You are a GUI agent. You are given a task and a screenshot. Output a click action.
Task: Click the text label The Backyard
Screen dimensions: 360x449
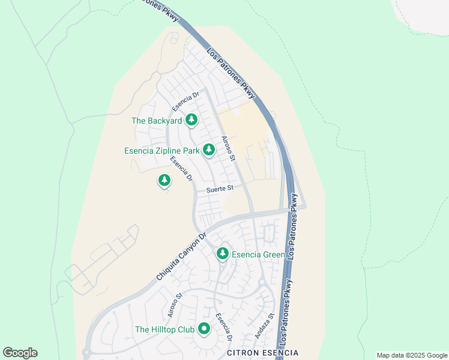click(157, 121)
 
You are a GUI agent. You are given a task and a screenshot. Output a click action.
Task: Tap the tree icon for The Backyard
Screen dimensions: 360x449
click(191, 120)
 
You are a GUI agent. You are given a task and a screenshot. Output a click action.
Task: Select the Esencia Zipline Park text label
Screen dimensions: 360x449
click(161, 151)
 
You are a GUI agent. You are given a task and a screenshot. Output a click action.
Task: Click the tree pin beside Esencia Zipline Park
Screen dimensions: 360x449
click(209, 149)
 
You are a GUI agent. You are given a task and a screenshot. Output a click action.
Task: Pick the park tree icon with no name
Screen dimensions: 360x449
click(164, 180)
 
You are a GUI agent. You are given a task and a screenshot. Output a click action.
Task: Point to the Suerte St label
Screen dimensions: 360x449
click(220, 188)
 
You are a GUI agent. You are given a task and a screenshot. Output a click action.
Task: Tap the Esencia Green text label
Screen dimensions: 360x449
click(259, 254)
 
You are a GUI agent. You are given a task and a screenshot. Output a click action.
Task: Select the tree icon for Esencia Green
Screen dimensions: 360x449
click(223, 254)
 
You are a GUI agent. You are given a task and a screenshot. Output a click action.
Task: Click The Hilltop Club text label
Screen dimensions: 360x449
click(164, 329)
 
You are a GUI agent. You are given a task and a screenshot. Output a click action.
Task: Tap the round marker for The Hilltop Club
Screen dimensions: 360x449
click(203, 329)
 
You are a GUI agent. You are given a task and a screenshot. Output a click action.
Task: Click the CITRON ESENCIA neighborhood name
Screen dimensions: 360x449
click(262, 353)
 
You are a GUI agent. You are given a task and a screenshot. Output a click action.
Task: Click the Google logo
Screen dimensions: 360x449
click(20, 353)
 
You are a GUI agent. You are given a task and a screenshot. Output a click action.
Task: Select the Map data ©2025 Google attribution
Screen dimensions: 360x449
click(411, 355)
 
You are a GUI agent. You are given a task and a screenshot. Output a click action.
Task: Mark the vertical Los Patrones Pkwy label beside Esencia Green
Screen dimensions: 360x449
click(292, 226)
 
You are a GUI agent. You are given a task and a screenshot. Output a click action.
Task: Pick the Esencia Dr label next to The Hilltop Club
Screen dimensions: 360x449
click(224, 328)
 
